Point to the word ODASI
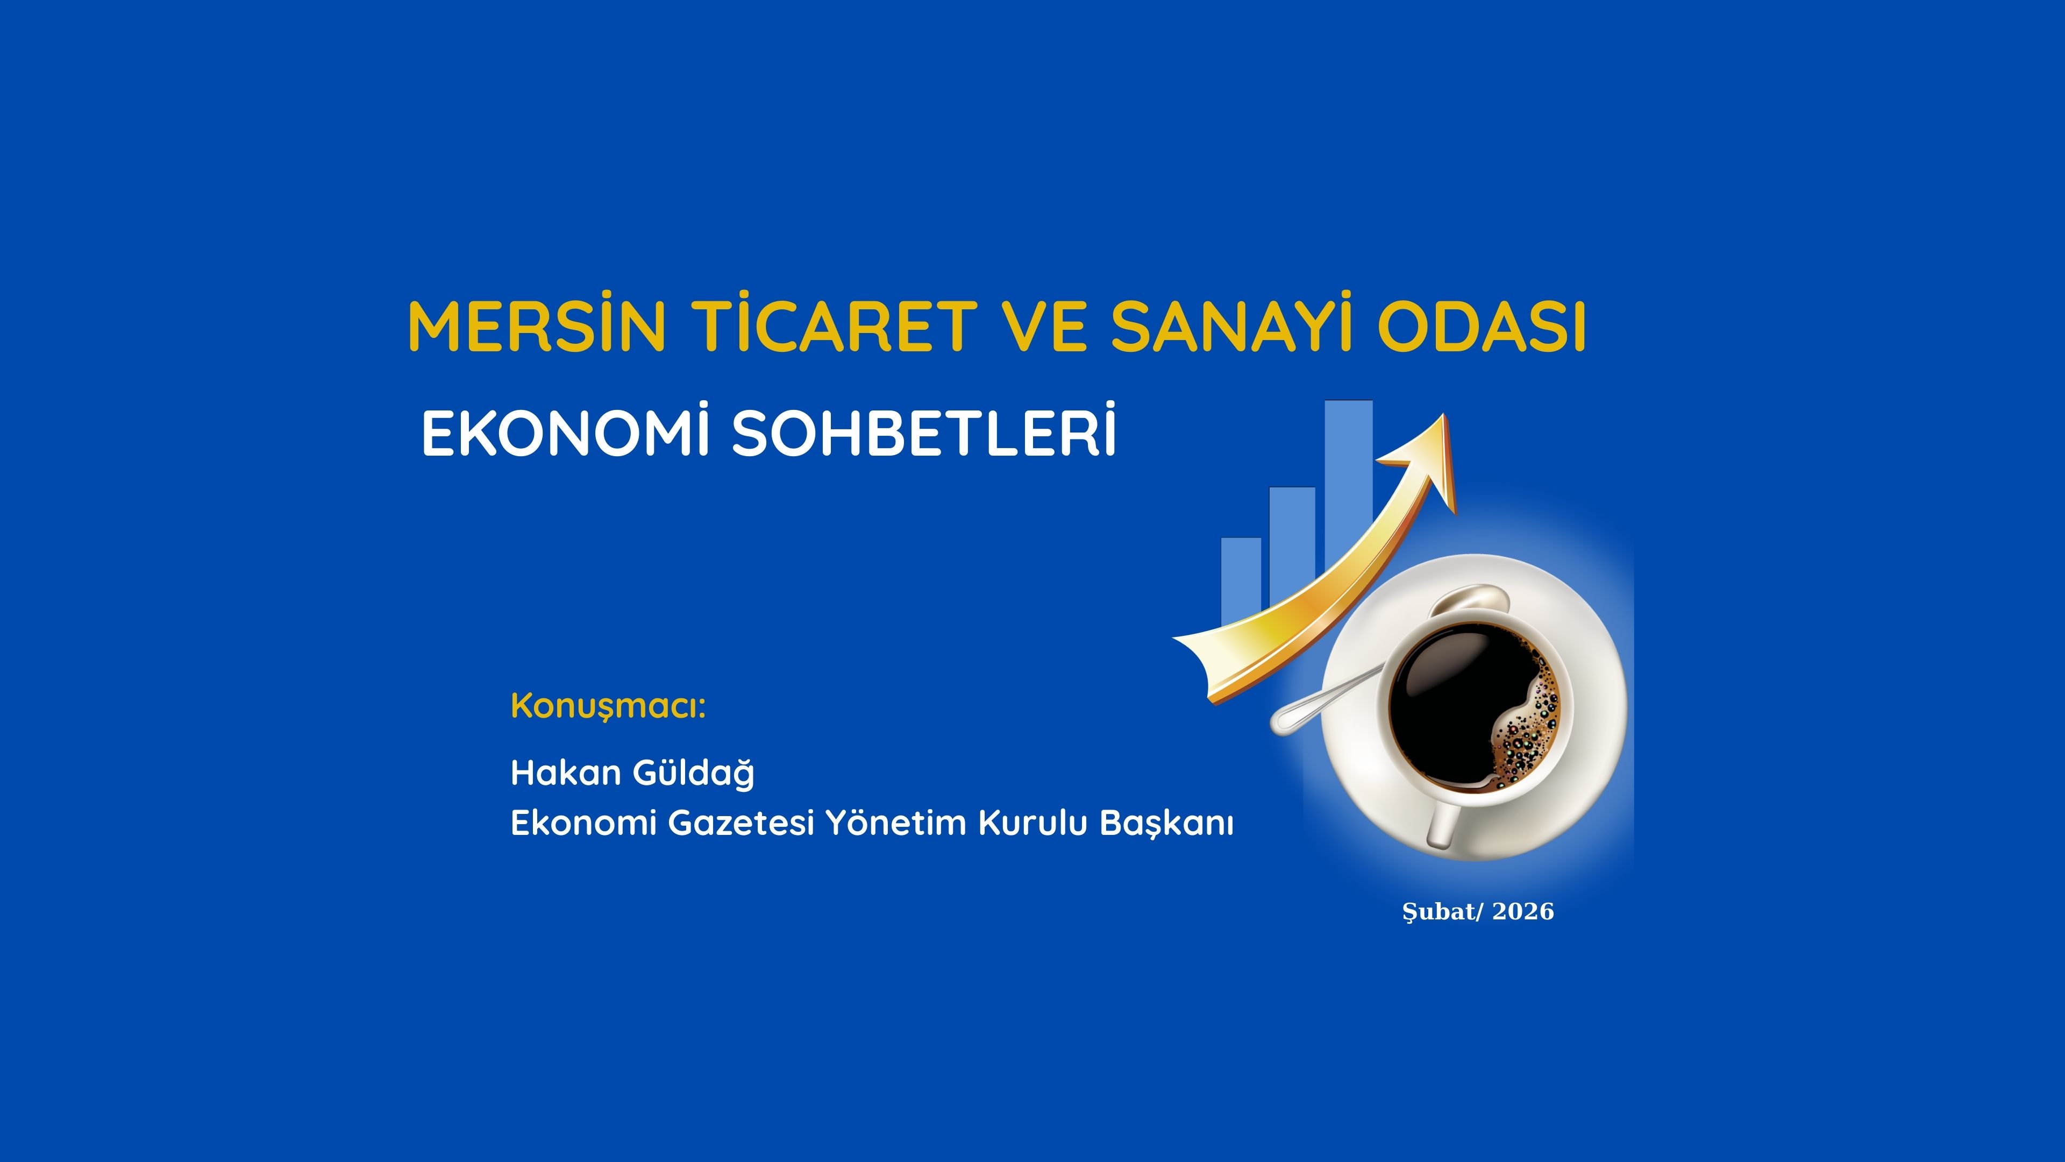1482,325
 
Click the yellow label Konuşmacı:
608,706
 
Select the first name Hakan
566,773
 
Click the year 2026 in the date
1523,912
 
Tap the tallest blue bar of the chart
1348,481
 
